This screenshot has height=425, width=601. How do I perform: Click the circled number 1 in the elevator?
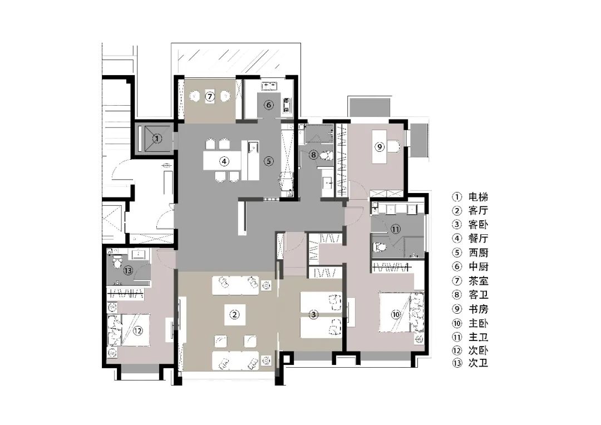(157, 139)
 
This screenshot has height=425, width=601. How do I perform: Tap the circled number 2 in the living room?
(235, 315)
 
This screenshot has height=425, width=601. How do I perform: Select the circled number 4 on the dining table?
(224, 162)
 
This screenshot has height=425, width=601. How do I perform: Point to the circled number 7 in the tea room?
(210, 97)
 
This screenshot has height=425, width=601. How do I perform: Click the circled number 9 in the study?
(380, 147)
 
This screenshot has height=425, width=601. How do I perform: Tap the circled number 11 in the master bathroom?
(396, 229)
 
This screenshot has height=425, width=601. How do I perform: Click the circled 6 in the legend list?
(457, 267)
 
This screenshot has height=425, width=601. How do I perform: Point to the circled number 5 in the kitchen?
(268, 162)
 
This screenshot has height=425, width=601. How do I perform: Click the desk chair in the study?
(395, 146)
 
